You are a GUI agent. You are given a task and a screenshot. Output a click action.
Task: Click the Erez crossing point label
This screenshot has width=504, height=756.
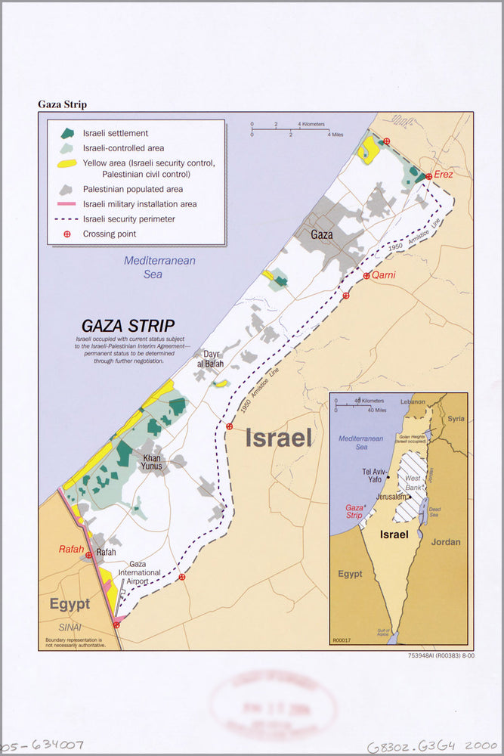(444, 175)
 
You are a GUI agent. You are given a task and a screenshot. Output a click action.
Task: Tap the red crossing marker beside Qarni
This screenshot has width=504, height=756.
(366, 276)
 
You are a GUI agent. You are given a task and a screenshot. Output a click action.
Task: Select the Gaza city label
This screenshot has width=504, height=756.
(322, 234)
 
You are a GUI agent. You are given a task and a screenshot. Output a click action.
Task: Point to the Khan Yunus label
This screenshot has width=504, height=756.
(152, 462)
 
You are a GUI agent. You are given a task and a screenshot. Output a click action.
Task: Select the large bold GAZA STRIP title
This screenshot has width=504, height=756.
(128, 327)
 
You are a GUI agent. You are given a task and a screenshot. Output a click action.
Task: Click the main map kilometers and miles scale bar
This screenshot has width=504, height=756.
(290, 130)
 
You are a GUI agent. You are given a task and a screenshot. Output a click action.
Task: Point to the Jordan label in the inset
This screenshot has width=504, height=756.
(444, 541)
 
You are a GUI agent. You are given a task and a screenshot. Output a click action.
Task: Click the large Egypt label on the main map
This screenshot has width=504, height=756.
(70, 605)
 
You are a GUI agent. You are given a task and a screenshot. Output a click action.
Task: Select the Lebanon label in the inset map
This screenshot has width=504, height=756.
(413, 402)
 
